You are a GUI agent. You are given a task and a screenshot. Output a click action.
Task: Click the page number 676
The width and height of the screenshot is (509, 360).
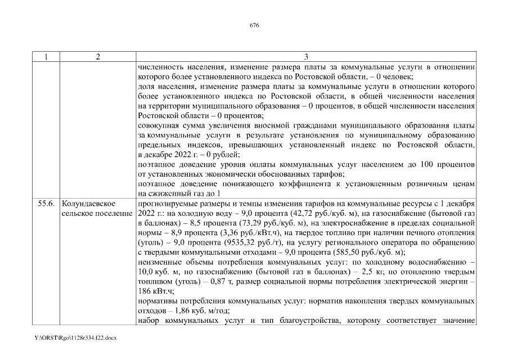(254, 25)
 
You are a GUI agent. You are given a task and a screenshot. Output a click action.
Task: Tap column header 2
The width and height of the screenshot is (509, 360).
(98, 57)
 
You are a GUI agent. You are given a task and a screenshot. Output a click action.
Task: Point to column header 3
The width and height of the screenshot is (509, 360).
(305, 57)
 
